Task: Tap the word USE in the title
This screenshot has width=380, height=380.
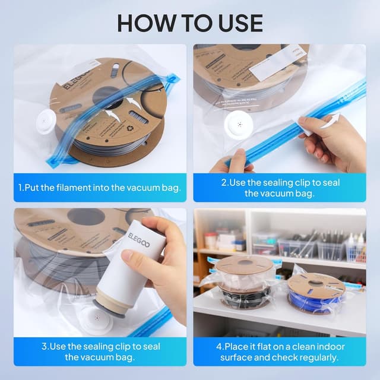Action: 237,23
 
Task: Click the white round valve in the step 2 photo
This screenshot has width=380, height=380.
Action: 239,123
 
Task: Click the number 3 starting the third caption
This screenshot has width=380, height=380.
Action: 44,346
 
